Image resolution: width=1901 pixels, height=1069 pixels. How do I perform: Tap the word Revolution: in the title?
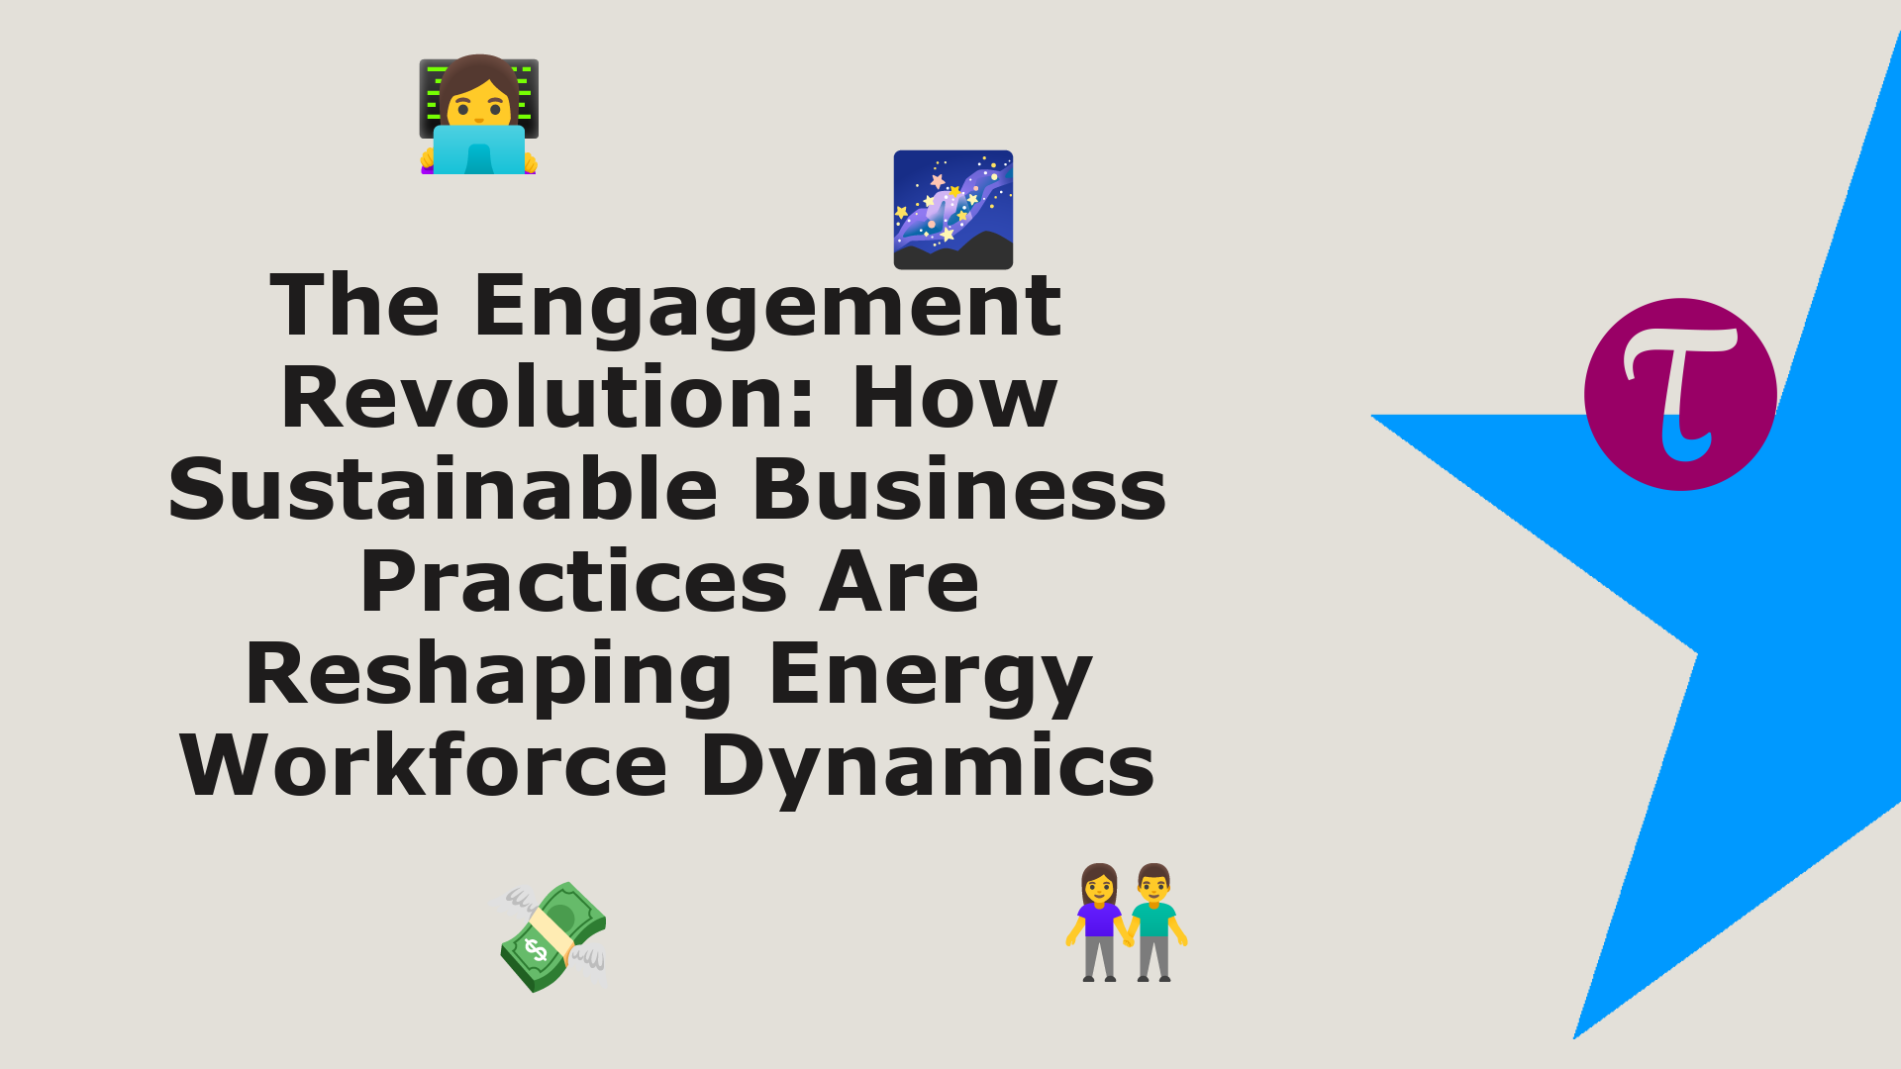(549, 397)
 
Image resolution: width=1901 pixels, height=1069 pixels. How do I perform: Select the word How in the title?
(953, 397)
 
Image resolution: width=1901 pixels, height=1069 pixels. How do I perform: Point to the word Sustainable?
(443, 489)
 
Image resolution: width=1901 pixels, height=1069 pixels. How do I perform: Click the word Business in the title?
(959, 489)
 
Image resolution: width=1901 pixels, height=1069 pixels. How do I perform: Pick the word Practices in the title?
(573, 581)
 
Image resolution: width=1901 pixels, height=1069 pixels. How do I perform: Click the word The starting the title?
(354, 305)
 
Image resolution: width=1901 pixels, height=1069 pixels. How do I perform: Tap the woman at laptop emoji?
(479, 114)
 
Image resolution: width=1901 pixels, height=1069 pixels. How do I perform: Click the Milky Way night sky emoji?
(953, 210)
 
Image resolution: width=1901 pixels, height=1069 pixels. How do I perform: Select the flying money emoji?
(553, 936)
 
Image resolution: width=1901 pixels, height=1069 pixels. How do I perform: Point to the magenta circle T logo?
(1680, 394)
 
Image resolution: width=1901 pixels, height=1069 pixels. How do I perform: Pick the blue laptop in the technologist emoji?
(479, 149)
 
